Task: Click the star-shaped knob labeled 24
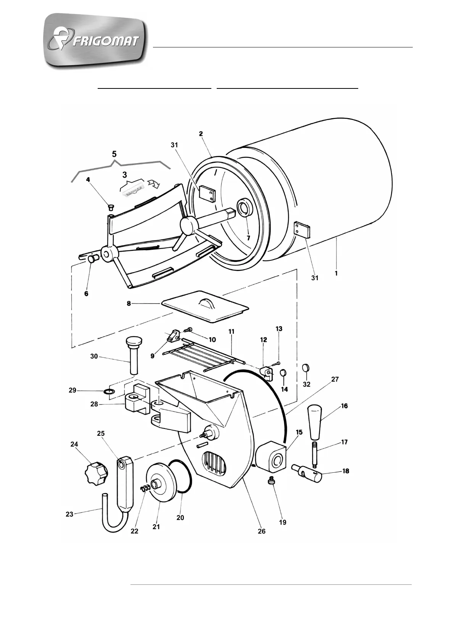pos(96,473)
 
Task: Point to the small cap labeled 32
pos(306,368)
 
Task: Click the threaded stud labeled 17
pos(314,454)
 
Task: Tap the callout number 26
pos(261,531)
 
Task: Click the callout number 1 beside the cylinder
pos(336,273)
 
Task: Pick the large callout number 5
pos(114,154)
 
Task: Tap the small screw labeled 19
pos(271,482)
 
